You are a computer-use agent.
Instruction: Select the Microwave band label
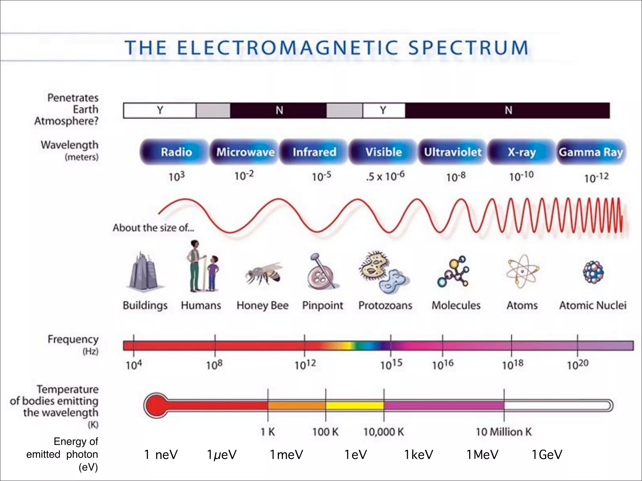245,152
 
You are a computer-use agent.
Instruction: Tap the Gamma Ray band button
591,152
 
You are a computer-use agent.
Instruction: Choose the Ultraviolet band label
453,152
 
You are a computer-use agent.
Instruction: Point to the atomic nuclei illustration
593,272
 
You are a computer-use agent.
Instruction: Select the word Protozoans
385,305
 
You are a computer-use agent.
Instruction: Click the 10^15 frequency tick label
391,365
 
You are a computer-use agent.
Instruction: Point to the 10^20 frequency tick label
577,365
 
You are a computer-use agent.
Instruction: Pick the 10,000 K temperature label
383,432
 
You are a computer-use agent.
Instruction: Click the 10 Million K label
504,432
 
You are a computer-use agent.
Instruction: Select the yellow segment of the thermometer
355,406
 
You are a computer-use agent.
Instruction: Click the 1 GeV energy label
547,455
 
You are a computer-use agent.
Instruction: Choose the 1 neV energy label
161,455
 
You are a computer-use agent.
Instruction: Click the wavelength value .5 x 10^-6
385,176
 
